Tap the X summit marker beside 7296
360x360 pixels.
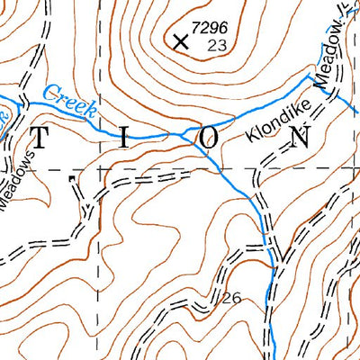pos(180,40)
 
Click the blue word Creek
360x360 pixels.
pos(70,98)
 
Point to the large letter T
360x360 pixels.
pos(41,139)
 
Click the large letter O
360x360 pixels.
pos(208,138)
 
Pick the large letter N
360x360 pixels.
pos(301,137)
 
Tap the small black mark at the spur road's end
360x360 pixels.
pos(70,177)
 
